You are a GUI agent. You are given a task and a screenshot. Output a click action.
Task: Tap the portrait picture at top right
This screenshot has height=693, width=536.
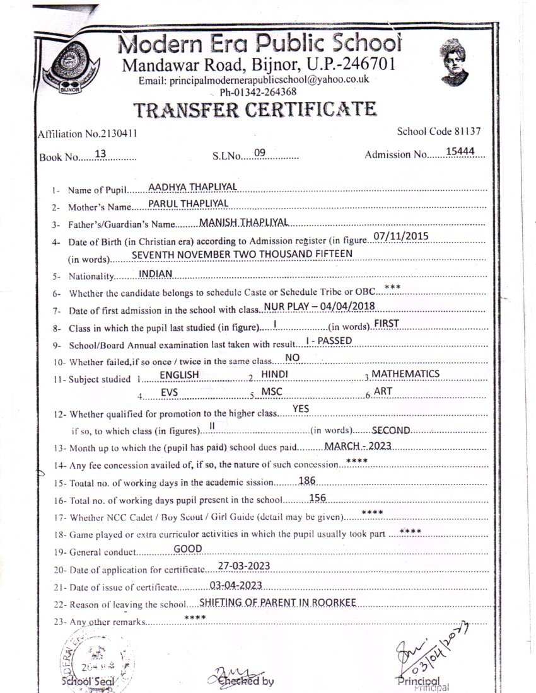454,62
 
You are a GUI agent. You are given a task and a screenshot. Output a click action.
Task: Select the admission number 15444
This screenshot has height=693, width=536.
464,151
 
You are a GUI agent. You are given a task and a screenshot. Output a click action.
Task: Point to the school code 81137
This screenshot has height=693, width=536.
467,132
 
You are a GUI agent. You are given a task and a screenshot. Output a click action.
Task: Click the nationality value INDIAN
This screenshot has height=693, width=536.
155,273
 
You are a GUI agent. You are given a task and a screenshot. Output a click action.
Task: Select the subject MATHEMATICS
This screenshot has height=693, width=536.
405,374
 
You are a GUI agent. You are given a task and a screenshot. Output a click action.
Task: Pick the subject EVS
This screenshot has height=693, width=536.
169,392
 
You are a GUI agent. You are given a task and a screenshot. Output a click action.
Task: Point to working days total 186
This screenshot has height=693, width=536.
307,480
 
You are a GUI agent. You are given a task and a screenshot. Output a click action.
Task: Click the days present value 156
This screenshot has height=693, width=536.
318,498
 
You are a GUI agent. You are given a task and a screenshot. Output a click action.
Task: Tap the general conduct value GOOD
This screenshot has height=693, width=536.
188,549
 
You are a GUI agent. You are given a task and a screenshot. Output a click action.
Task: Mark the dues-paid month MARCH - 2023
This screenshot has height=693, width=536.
358,445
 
